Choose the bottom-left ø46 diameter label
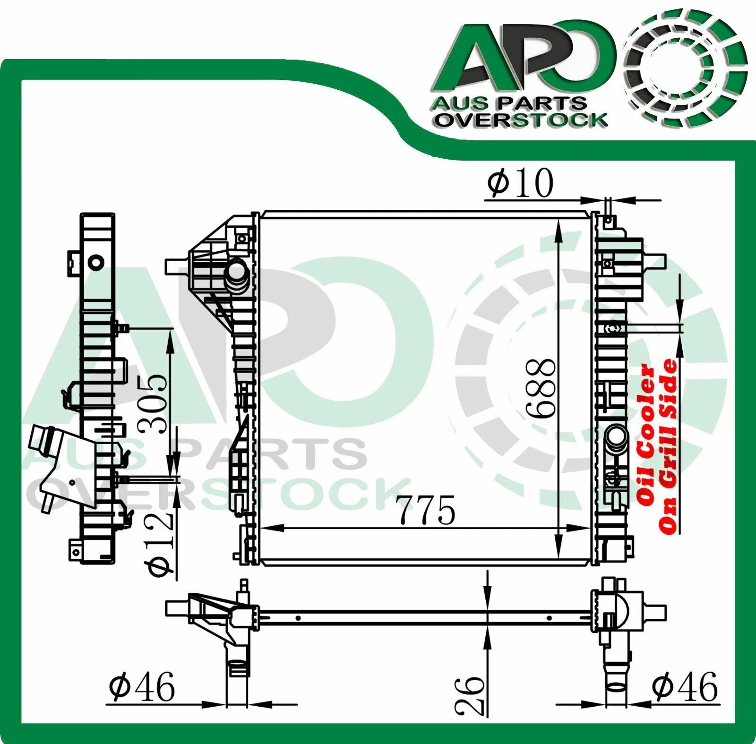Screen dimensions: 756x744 point(141,687)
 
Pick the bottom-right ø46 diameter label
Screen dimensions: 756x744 point(684,687)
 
